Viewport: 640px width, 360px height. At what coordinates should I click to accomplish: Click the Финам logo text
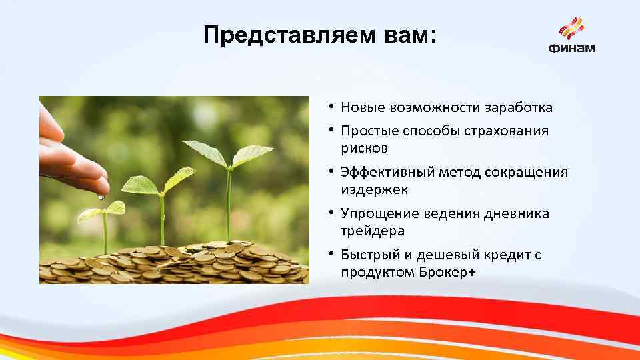click(x=572, y=48)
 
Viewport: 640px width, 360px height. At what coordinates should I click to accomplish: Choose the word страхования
click(x=507, y=131)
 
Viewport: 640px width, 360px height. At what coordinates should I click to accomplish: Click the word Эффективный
click(x=387, y=173)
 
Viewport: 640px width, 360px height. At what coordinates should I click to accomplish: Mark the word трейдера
click(x=373, y=231)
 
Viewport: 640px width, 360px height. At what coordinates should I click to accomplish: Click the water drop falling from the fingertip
click(x=101, y=197)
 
